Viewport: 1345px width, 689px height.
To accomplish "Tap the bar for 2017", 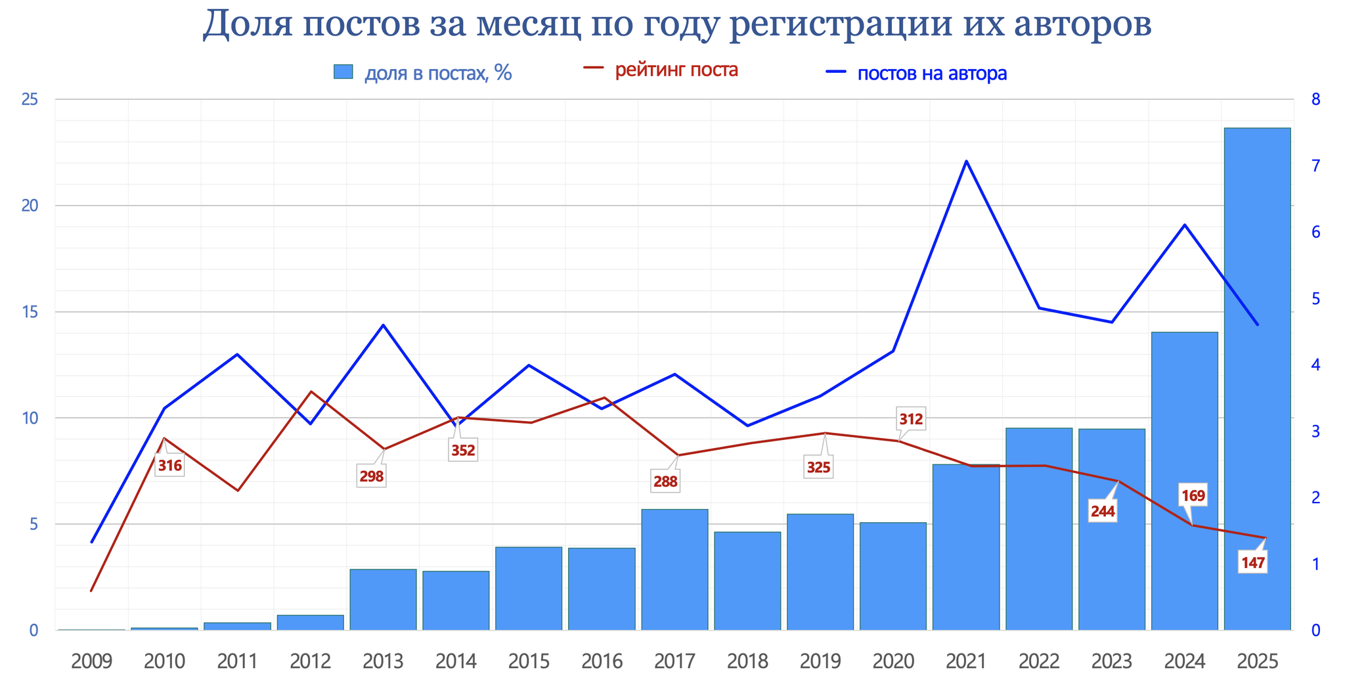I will point(674,569).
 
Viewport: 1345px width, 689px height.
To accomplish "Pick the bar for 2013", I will point(383,599).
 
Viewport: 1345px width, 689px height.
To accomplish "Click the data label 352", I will point(463,451).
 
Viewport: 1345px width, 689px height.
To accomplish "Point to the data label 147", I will point(1252,563).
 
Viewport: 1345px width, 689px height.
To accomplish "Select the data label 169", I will point(1193,496).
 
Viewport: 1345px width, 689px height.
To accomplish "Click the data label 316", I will point(169,466).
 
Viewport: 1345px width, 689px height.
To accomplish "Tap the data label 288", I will point(665,481).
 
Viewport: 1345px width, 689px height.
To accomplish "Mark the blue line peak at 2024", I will point(1184,225).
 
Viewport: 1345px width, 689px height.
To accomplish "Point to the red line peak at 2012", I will point(311,391).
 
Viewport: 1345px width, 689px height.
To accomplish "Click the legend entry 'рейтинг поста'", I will point(676,70).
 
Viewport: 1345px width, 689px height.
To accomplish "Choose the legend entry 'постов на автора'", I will point(932,74).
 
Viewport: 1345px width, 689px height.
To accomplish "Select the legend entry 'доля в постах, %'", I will point(438,73).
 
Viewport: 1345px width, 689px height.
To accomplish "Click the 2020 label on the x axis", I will point(893,661).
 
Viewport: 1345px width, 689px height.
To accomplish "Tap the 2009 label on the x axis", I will point(91,661).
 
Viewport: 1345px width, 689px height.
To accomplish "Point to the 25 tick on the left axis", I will point(30,100).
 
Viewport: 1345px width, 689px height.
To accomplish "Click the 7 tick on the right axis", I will point(1315,166).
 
